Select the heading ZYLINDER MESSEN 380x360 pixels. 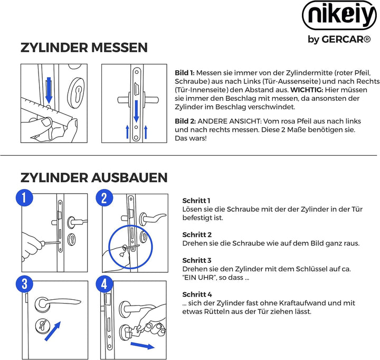pos(84,48)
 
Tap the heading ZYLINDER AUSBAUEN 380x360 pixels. pos(94,177)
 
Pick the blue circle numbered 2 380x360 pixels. pos(104,198)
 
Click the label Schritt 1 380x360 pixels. pos(197,201)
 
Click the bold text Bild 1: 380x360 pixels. pos(185,72)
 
